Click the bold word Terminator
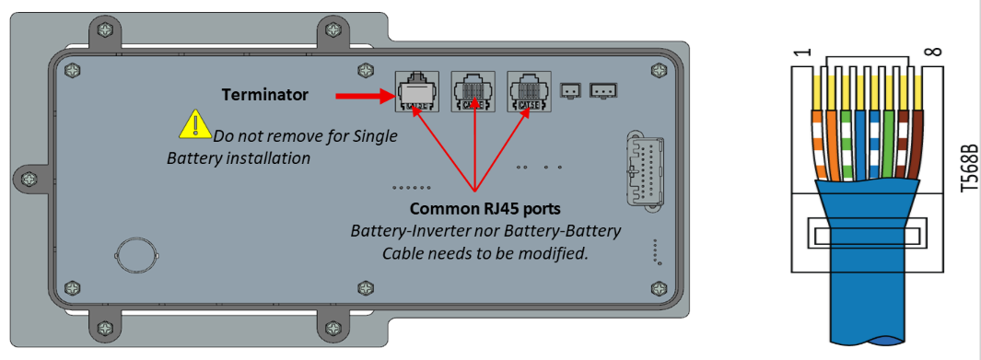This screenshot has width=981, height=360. (x=264, y=95)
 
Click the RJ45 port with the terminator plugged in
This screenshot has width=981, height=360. (x=413, y=91)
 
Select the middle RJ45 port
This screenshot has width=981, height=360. (x=473, y=91)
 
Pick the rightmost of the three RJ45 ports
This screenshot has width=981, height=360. (x=529, y=91)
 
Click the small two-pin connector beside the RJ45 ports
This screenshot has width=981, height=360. (x=570, y=91)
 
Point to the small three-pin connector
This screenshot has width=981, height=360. (x=603, y=91)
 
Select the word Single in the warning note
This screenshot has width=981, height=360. (x=377, y=135)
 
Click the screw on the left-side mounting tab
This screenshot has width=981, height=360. (x=29, y=180)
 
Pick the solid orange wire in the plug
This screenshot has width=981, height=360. (x=831, y=147)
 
